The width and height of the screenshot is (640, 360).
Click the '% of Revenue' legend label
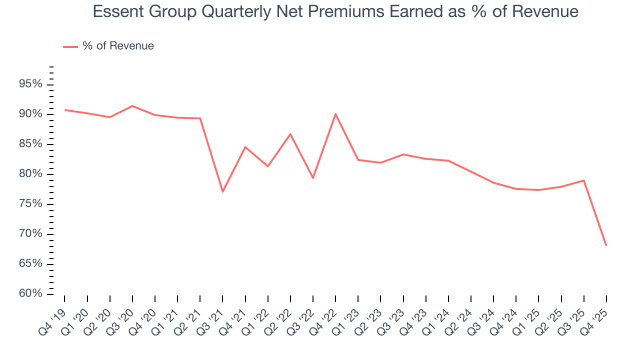(118, 46)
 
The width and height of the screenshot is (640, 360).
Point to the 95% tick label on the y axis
(30, 84)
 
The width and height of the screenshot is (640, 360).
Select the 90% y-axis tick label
(30, 114)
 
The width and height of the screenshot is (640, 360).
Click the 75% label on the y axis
(30, 204)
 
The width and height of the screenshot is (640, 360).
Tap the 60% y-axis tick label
(30, 293)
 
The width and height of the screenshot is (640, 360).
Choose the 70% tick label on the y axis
(30, 234)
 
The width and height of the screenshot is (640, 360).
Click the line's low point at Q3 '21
(222, 192)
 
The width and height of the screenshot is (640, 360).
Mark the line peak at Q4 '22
(335, 114)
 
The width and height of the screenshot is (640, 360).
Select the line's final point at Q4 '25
(606, 245)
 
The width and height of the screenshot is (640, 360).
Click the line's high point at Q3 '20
(132, 106)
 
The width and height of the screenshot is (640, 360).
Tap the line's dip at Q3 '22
(313, 178)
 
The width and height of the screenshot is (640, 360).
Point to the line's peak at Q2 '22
(290, 134)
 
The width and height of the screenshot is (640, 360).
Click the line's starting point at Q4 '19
(65, 110)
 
